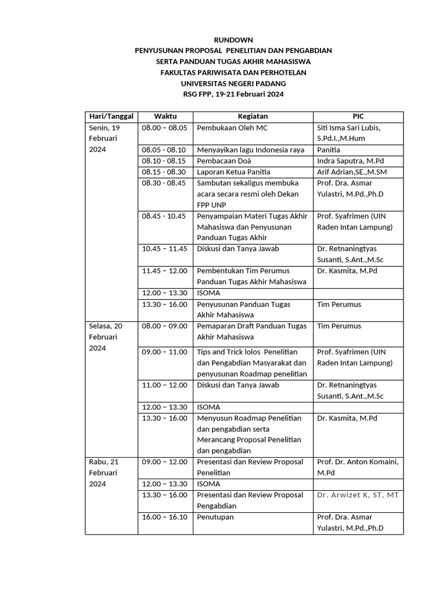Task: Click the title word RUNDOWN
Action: (233, 40)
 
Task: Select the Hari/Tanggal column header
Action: (111, 117)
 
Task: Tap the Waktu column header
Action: (165, 117)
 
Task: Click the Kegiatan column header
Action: (253, 117)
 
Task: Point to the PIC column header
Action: (358, 117)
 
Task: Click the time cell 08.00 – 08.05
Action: (164, 128)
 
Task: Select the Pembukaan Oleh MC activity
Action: (232, 128)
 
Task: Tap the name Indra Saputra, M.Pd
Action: (351, 161)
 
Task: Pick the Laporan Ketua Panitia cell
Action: (233, 172)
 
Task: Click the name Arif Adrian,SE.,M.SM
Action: (352, 172)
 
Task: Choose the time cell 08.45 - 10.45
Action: (164, 216)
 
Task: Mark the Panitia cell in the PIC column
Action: (329, 150)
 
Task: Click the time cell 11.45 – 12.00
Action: (164, 271)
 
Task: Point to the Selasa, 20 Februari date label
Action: (105, 336)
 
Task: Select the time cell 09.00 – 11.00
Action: (164, 352)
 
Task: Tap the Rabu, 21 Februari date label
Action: (103, 473)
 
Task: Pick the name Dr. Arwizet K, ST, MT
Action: (358, 495)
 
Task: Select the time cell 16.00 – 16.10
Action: (164, 517)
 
